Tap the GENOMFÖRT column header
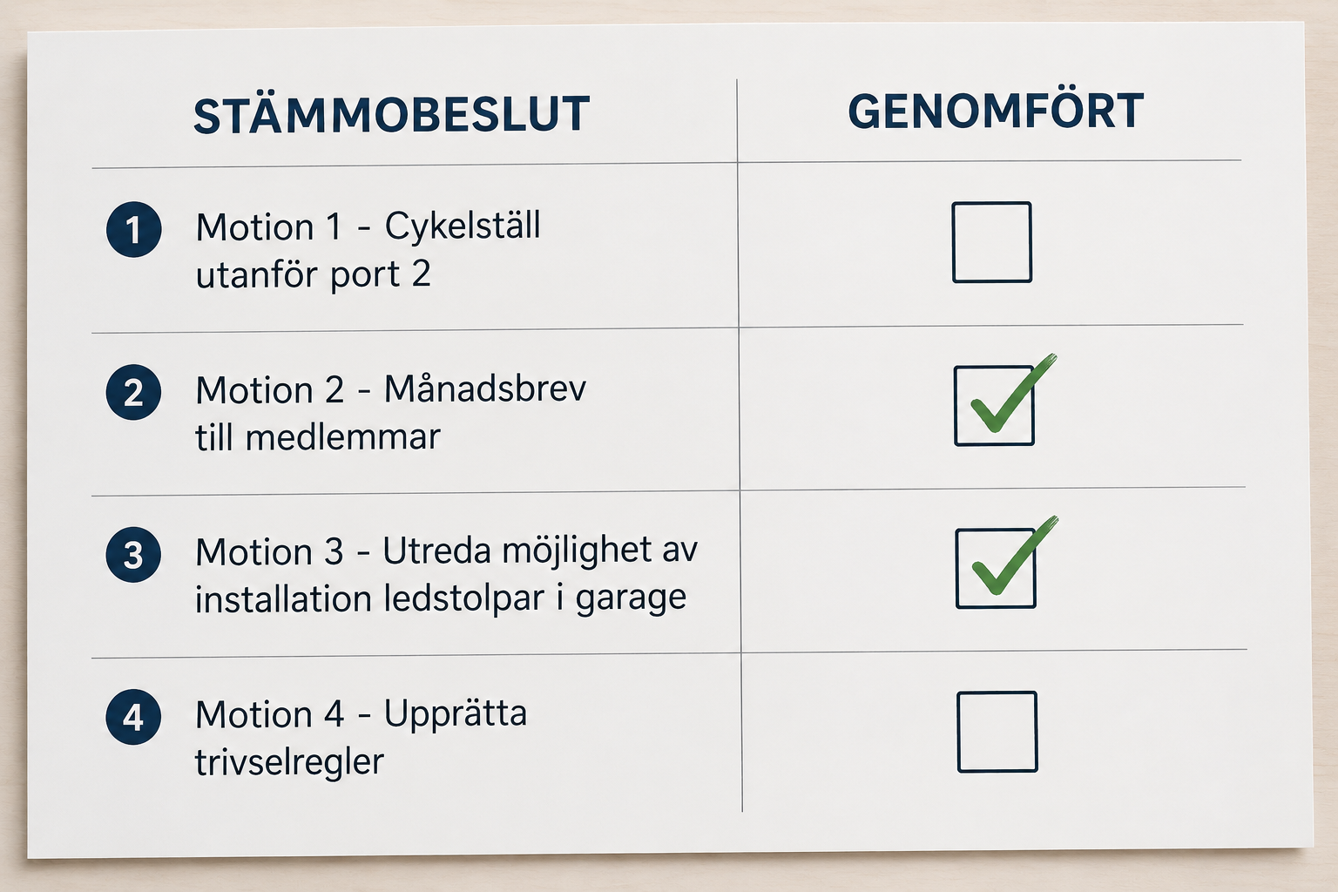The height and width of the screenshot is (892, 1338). tap(996, 111)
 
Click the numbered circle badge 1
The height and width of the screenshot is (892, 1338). tap(134, 229)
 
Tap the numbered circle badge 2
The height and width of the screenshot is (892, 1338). tap(133, 393)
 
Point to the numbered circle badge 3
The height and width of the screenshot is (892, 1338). tap(133, 555)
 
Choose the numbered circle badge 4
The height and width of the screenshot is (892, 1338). tap(133, 717)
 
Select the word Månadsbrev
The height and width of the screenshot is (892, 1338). tap(485, 389)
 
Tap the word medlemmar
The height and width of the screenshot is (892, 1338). tap(343, 436)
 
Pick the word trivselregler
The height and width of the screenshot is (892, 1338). tap(289, 762)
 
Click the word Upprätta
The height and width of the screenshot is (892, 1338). tap(456, 714)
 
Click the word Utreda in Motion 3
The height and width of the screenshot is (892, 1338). tap(437, 551)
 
